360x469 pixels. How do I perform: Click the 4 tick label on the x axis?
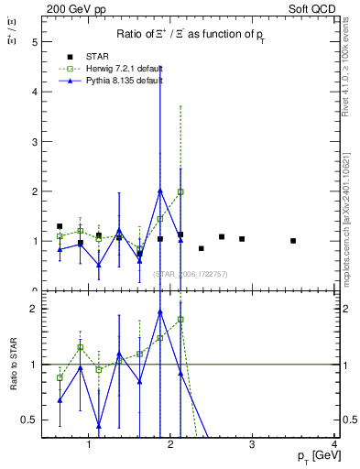tap(335, 446)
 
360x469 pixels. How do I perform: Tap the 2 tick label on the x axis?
tap(171, 446)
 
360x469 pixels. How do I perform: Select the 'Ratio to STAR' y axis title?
tap(13, 365)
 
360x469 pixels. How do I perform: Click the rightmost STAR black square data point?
tap(293, 241)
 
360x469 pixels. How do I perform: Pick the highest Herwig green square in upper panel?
tap(180, 192)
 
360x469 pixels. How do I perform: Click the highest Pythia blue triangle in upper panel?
tap(160, 191)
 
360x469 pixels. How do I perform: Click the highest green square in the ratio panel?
tap(180, 320)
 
